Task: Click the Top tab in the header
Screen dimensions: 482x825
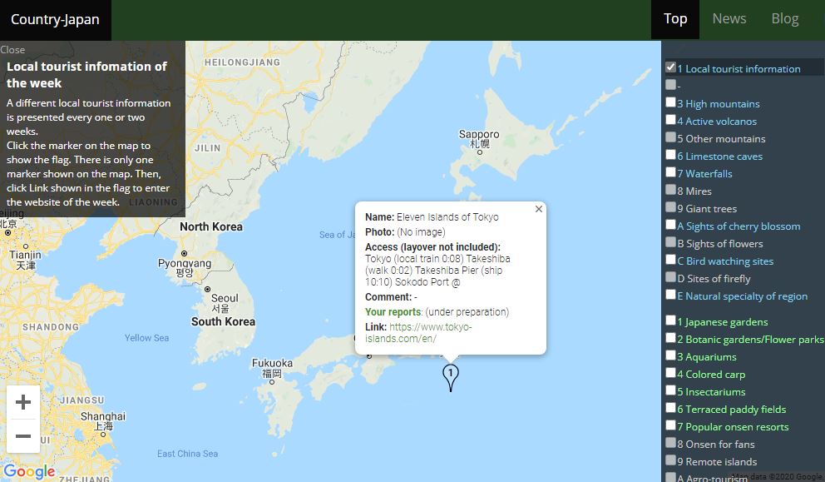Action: click(x=675, y=19)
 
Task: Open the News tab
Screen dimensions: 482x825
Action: click(x=729, y=19)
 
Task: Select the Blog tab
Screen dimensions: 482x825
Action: click(x=784, y=19)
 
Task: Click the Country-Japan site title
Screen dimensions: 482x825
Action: click(x=55, y=20)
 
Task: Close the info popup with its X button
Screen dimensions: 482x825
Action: click(x=539, y=209)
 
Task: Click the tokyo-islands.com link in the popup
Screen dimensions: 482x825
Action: click(x=418, y=333)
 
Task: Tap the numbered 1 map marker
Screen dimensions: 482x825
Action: click(x=450, y=375)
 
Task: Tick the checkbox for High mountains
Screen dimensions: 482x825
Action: click(x=670, y=102)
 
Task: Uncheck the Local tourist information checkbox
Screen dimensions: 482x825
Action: click(x=670, y=67)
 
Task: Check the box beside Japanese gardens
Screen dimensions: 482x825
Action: click(x=670, y=321)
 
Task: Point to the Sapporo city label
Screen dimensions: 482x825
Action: click(x=479, y=135)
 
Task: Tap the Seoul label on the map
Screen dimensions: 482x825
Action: click(x=225, y=299)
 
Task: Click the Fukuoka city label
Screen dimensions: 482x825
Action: click(x=272, y=364)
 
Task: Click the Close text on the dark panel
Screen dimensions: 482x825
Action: click(x=13, y=50)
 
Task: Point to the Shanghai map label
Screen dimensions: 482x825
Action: click(x=104, y=416)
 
